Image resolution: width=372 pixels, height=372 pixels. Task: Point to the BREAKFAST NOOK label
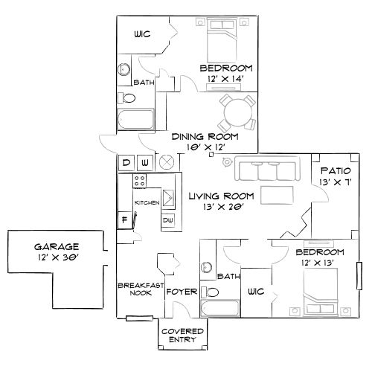click(x=135, y=289)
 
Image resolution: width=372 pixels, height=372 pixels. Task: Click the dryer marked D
click(x=126, y=161)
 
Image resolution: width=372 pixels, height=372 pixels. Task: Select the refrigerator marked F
click(x=124, y=219)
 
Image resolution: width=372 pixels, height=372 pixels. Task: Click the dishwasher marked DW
click(x=167, y=220)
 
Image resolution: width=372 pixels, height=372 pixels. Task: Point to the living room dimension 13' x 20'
click(x=221, y=208)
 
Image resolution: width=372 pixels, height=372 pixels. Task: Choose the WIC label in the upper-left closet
click(x=143, y=34)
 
